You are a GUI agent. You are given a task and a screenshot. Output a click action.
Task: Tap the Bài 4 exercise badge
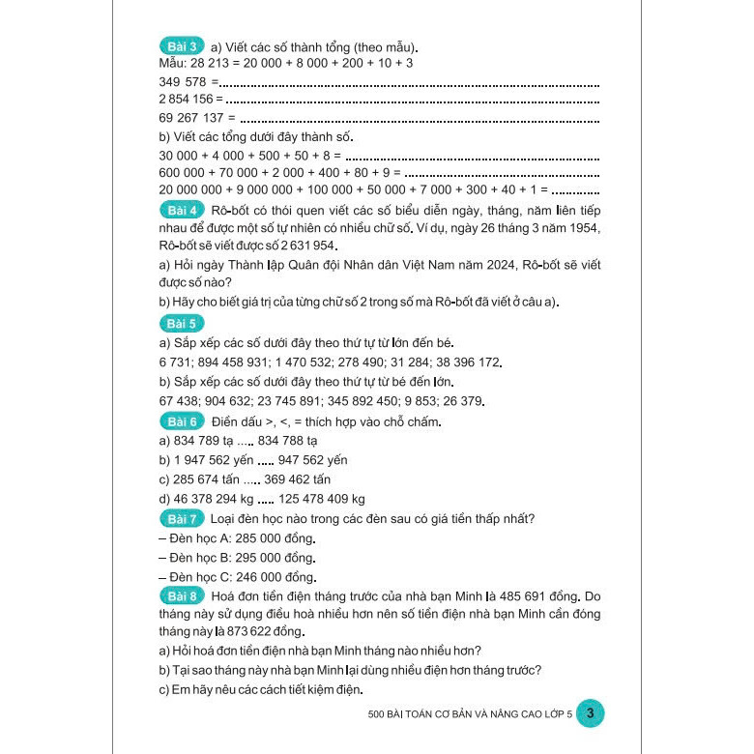point(181,209)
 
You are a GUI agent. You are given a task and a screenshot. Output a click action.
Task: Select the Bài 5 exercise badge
point(181,323)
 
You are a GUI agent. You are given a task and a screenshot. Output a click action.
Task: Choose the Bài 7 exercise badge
point(181,518)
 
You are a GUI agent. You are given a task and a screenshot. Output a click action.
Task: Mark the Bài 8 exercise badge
point(181,595)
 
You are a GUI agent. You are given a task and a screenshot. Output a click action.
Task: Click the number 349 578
point(184,81)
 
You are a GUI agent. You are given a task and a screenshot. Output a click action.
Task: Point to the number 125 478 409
point(300,499)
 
